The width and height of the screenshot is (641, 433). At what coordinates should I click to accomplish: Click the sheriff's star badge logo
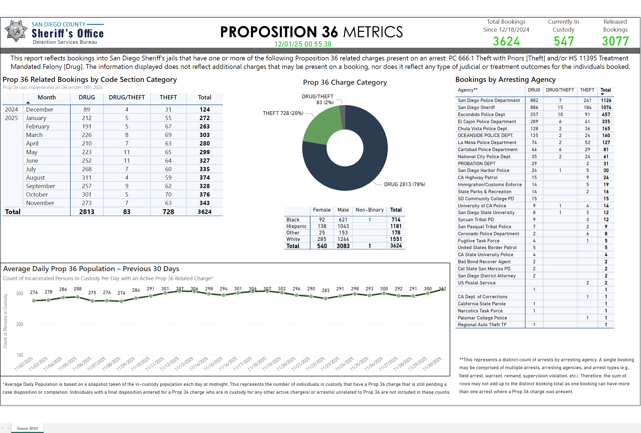tap(16, 31)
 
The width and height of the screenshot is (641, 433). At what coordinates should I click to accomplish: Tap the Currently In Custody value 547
tap(564, 41)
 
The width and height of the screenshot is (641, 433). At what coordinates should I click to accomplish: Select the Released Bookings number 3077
tap(615, 41)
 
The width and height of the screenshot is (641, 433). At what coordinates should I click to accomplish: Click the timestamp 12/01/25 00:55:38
tap(303, 44)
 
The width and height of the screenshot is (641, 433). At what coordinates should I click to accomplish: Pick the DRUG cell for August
tap(87, 178)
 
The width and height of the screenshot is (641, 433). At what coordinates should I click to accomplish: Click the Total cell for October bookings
tap(205, 195)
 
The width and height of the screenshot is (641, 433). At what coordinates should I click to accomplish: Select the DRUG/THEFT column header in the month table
tap(127, 97)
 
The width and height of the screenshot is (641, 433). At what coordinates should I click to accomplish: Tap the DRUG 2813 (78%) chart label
tap(404, 184)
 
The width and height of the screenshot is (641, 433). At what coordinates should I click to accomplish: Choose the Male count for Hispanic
tap(343, 226)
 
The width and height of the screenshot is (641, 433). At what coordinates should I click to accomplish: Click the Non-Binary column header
tap(369, 210)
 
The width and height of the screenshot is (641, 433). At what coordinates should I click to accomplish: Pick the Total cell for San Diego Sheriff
tap(606, 107)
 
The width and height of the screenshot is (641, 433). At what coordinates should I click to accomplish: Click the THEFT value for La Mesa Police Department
tap(587, 143)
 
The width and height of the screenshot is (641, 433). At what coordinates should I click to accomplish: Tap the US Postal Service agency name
tap(476, 283)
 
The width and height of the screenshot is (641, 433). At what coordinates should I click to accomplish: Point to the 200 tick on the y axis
tap(19, 324)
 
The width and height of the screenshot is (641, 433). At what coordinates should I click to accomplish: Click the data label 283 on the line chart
tap(325, 290)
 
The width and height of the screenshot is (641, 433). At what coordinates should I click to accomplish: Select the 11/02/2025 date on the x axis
tap(24, 364)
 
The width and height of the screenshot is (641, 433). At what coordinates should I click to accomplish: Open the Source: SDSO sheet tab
tap(27, 428)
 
